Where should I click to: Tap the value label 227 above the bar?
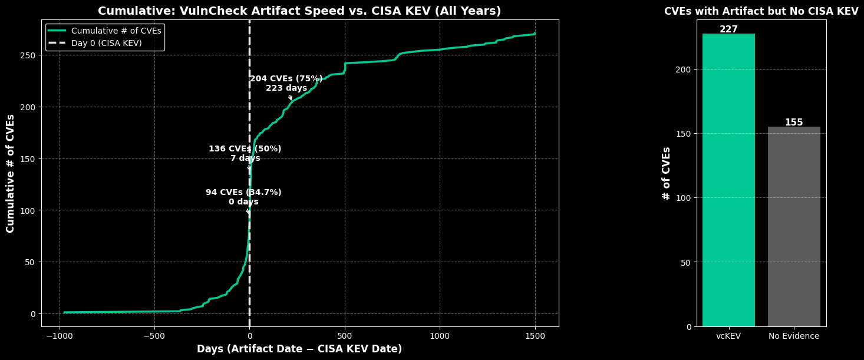click(728, 29)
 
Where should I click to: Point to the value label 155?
click(794, 123)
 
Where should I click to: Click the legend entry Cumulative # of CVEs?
click(116, 31)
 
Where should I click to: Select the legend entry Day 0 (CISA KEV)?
click(110, 43)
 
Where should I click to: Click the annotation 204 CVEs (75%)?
click(286, 79)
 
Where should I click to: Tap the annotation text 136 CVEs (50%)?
click(245, 149)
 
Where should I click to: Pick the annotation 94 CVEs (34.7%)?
click(243, 193)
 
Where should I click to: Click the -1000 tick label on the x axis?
click(59, 336)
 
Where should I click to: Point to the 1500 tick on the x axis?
click(535, 336)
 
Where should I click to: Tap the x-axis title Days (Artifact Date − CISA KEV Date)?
click(299, 349)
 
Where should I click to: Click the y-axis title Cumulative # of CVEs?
click(11, 173)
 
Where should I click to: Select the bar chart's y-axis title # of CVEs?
click(667, 173)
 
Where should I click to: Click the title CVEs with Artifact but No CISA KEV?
click(761, 11)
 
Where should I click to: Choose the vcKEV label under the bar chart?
click(728, 336)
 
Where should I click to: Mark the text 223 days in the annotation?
click(286, 88)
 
